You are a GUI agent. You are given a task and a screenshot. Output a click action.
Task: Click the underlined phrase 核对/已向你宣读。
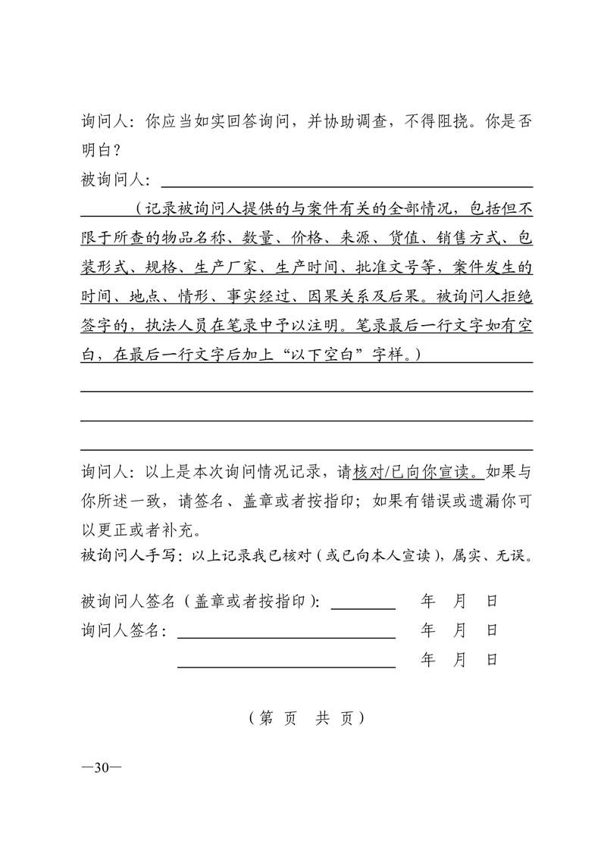(418, 472)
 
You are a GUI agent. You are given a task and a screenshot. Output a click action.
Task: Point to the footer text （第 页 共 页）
(306, 718)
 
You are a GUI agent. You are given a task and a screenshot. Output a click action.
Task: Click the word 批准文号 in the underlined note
(392, 267)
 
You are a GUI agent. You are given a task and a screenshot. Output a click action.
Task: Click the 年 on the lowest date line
(427, 660)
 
